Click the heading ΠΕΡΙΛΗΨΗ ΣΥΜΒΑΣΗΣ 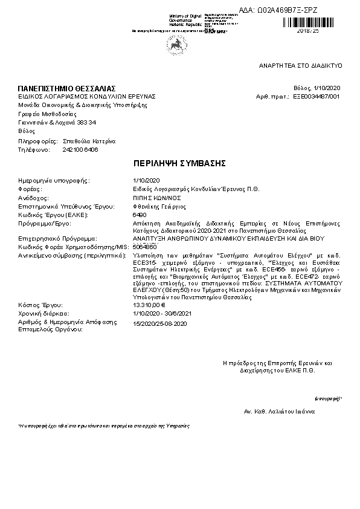pos(179,163)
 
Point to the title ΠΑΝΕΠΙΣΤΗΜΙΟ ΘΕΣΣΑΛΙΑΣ pos(66,89)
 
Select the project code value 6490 pos(138,215)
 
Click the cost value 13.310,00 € pos(149,305)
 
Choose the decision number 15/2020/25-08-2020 pos(159,324)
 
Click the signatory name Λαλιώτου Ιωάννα pos(286,411)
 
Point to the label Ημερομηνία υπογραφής pos(54,180)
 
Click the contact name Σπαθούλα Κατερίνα pos(89,141)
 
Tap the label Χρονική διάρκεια pos(43,314)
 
